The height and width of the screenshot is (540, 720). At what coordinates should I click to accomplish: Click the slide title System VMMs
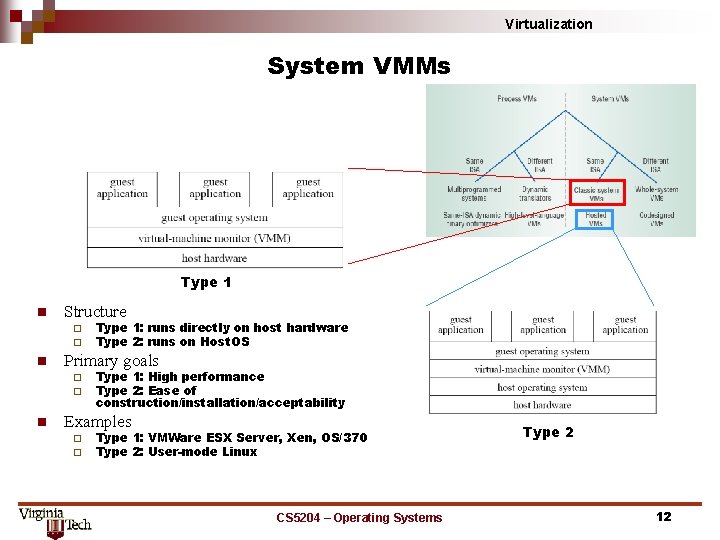pos(359,67)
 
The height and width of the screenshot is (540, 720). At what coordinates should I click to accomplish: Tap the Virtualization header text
pos(548,24)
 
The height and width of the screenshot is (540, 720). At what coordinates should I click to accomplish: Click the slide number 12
pos(663,516)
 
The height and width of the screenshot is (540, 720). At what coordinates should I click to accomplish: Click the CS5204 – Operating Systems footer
pos(359,517)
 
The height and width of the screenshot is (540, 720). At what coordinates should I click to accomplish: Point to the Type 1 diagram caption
pos(206,282)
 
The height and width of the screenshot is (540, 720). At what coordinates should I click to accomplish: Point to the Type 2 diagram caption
pos(548,432)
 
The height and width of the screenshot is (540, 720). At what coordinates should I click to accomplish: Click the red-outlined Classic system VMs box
pos(597,193)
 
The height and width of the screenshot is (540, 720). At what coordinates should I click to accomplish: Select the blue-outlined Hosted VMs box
pos(595,220)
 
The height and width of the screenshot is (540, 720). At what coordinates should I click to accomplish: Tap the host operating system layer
pos(542,387)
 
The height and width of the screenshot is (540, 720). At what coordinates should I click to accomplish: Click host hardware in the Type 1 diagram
pos(214,258)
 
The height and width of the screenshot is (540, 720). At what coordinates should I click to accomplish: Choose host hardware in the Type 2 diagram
pos(542,405)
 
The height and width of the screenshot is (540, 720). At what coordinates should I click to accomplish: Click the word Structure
pos(95,312)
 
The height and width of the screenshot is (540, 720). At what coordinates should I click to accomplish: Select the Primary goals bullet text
pos(111,361)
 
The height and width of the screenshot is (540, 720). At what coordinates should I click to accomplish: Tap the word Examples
pos(98,422)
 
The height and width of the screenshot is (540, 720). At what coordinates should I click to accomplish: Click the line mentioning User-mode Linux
pos(176,452)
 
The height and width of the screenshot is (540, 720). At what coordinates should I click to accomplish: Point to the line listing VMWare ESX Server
pos(231,438)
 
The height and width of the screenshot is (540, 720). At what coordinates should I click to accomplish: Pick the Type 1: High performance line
pos(180,377)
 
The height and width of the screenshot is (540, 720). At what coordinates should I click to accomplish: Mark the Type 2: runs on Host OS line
pos(172,342)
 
